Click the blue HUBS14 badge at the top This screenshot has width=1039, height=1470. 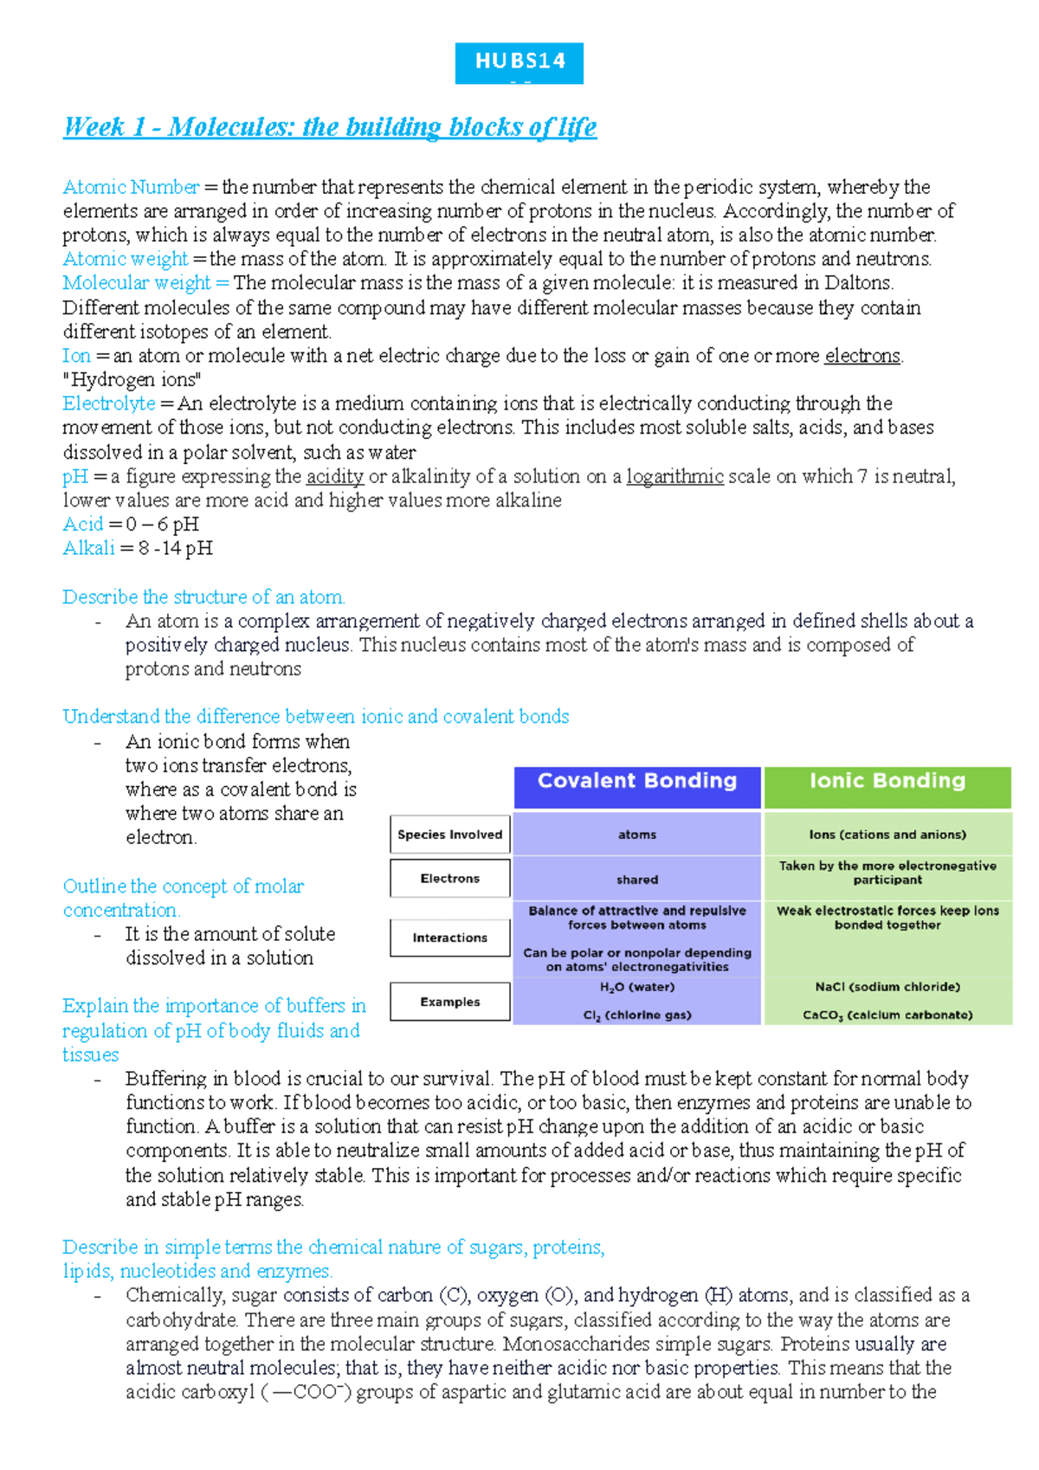coord(519,62)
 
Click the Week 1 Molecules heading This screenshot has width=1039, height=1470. coord(330,127)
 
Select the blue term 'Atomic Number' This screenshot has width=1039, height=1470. coord(131,187)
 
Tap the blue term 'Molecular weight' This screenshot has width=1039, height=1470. coord(137,283)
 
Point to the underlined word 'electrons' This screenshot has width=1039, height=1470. coord(862,356)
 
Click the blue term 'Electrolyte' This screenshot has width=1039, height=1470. coord(109,403)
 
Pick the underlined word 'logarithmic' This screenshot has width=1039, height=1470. coord(674,476)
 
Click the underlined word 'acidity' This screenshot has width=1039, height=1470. coord(335,476)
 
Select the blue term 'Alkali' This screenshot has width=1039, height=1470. coord(88,548)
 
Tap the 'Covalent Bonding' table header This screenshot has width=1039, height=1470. coord(637,782)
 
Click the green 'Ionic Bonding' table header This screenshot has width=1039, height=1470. coord(887,782)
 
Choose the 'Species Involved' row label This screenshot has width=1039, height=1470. coord(449,835)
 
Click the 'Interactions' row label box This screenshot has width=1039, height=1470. coord(449,938)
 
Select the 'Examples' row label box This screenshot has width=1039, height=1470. coord(449,1002)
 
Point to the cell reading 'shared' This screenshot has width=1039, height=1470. coord(637,880)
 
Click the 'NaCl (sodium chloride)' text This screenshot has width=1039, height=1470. coord(887,987)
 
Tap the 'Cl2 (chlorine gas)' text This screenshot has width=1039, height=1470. coord(637,1015)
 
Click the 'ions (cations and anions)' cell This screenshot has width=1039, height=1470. coord(887,835)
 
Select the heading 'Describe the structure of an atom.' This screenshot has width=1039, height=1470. coord(203,597)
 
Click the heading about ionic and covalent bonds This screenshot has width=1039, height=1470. coord(315,717)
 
